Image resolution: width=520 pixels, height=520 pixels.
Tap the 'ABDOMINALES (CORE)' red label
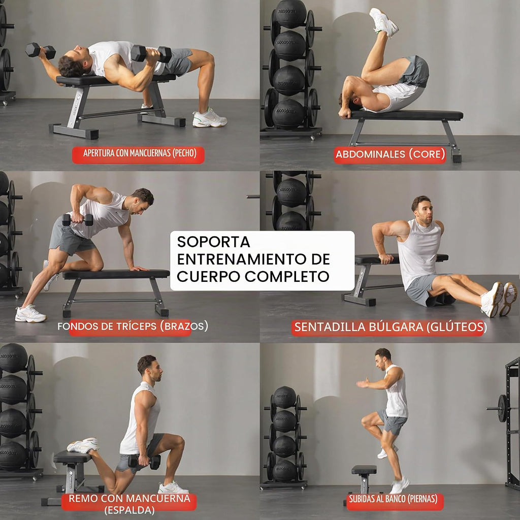(x=389, y=155)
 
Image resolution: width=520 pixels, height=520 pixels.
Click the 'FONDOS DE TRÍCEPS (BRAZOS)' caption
(x=133, y=327)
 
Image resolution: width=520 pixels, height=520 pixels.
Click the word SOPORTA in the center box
(x=213, y=242)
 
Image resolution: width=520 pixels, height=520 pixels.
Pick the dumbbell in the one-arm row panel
(x=78, y=219)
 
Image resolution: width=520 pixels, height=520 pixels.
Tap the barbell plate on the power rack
(x=502, y=408)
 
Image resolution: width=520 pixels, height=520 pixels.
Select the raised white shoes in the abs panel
(x=384, y=22)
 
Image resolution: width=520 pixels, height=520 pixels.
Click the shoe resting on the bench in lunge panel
(x=83, y=445)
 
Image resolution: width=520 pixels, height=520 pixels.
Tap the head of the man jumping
(x=383, y=359)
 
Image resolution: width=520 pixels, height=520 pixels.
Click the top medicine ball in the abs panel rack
(x=291, y=14)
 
